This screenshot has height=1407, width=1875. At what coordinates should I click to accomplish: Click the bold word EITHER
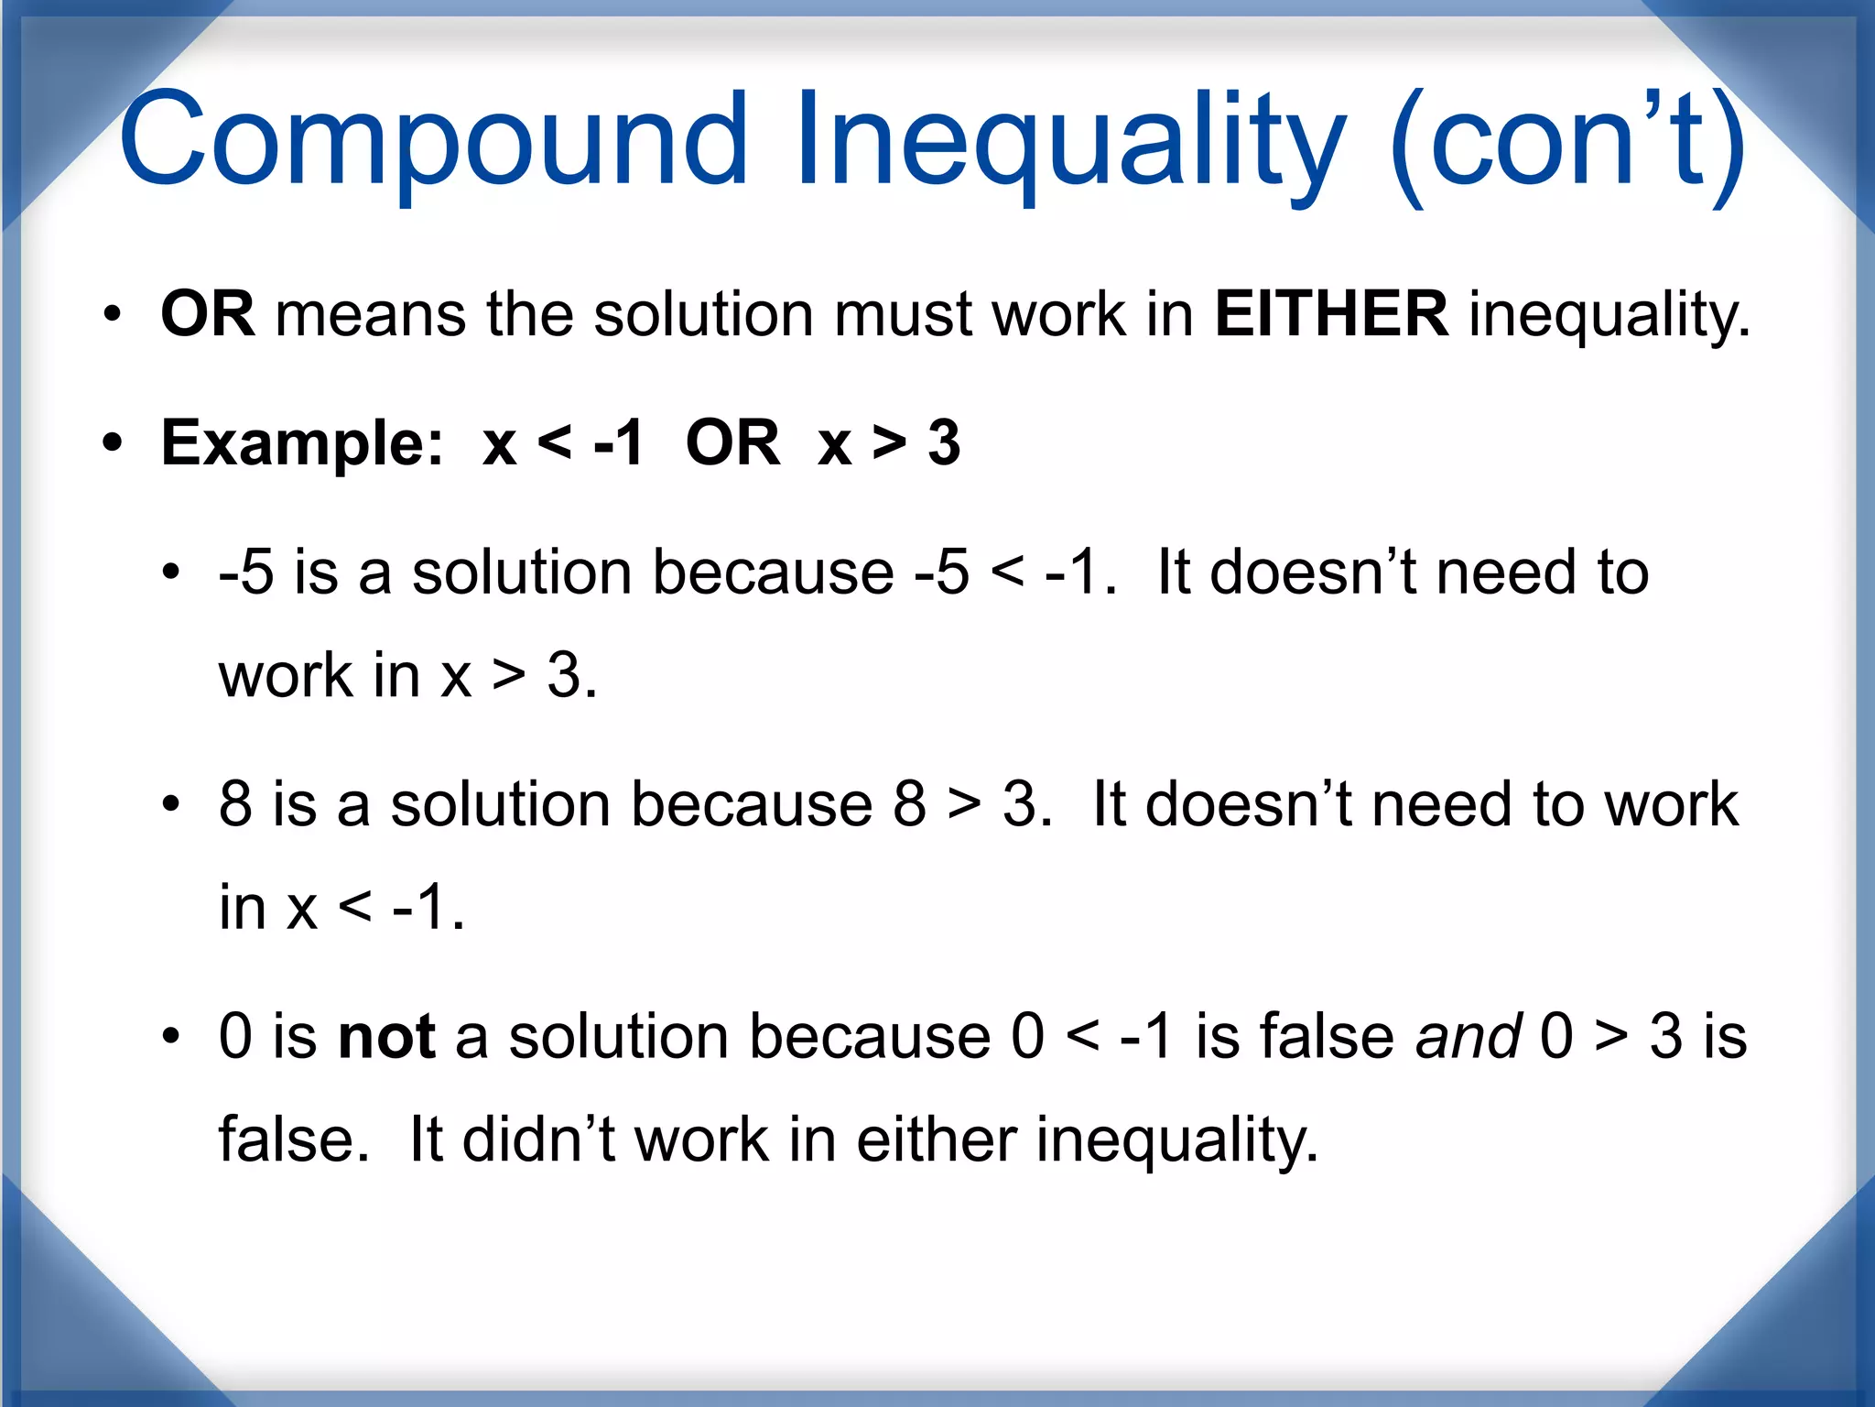tap(1331, 314)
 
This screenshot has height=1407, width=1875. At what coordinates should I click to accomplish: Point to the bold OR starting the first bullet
tap(207, 314)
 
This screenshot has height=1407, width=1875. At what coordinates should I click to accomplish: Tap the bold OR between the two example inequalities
tap(732, 444)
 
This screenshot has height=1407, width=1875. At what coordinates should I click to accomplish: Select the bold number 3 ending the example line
tap(944, 444)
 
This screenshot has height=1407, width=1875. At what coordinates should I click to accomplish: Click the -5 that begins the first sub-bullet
tap(246, 573)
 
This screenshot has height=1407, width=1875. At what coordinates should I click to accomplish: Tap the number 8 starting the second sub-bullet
tap(235, 804)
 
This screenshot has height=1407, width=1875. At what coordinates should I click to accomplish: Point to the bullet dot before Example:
tap(113, 444)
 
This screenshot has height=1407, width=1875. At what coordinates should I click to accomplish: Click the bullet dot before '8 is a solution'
tap(171, 805)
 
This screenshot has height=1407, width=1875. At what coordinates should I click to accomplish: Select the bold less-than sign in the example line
tap(555, 444)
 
